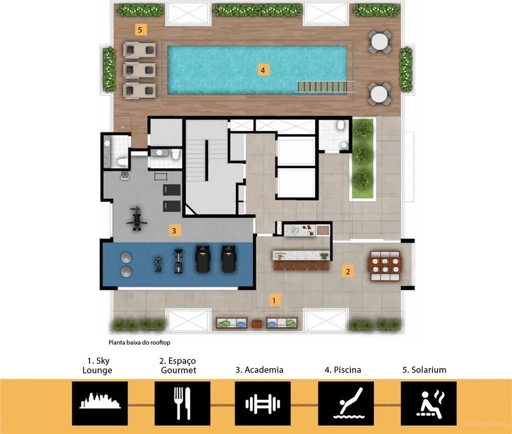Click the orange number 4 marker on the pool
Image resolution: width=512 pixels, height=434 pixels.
(262, 70)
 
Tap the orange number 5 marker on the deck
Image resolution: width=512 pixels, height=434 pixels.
(140, 30)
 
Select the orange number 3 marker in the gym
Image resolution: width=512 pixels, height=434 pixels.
(173, 230)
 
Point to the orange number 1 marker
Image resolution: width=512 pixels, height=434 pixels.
(273, 300)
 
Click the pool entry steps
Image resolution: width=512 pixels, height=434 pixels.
(322, 86)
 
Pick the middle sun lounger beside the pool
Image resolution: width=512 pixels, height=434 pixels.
(139, 69)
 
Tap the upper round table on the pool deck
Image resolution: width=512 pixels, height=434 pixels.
(380, 41)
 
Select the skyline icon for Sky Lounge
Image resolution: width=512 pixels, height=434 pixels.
(100, 403)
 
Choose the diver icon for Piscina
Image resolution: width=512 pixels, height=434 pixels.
(346, 403)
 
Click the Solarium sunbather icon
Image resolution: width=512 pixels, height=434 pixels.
(428, 403)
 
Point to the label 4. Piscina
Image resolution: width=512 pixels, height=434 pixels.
(342, 370)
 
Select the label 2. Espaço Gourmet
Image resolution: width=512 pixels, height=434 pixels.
(178, 365)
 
